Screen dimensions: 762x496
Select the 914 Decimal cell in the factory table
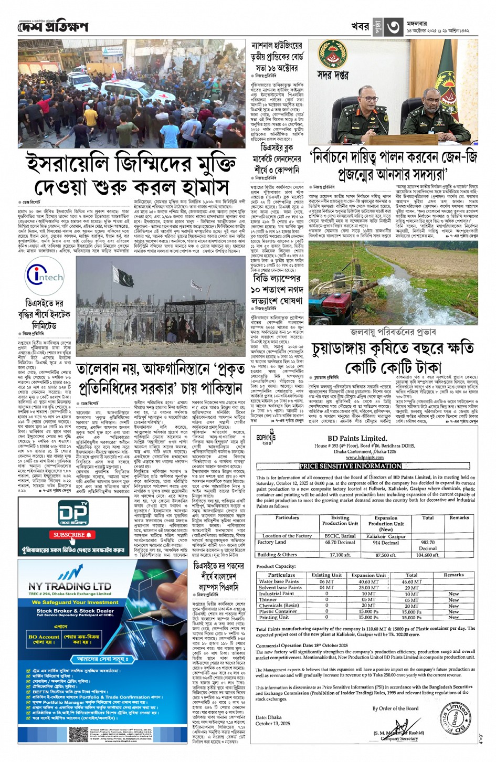(386, 543)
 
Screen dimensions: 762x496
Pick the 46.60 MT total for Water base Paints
(411, 581)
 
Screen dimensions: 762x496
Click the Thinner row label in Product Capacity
(268, 599)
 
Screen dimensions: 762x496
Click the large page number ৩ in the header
(394, 27)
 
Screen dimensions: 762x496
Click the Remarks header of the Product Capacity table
(453, 575)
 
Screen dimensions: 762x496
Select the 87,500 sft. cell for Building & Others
(386, 555)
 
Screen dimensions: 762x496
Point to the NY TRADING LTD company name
(70, 586)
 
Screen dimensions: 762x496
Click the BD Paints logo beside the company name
(266, 438)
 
